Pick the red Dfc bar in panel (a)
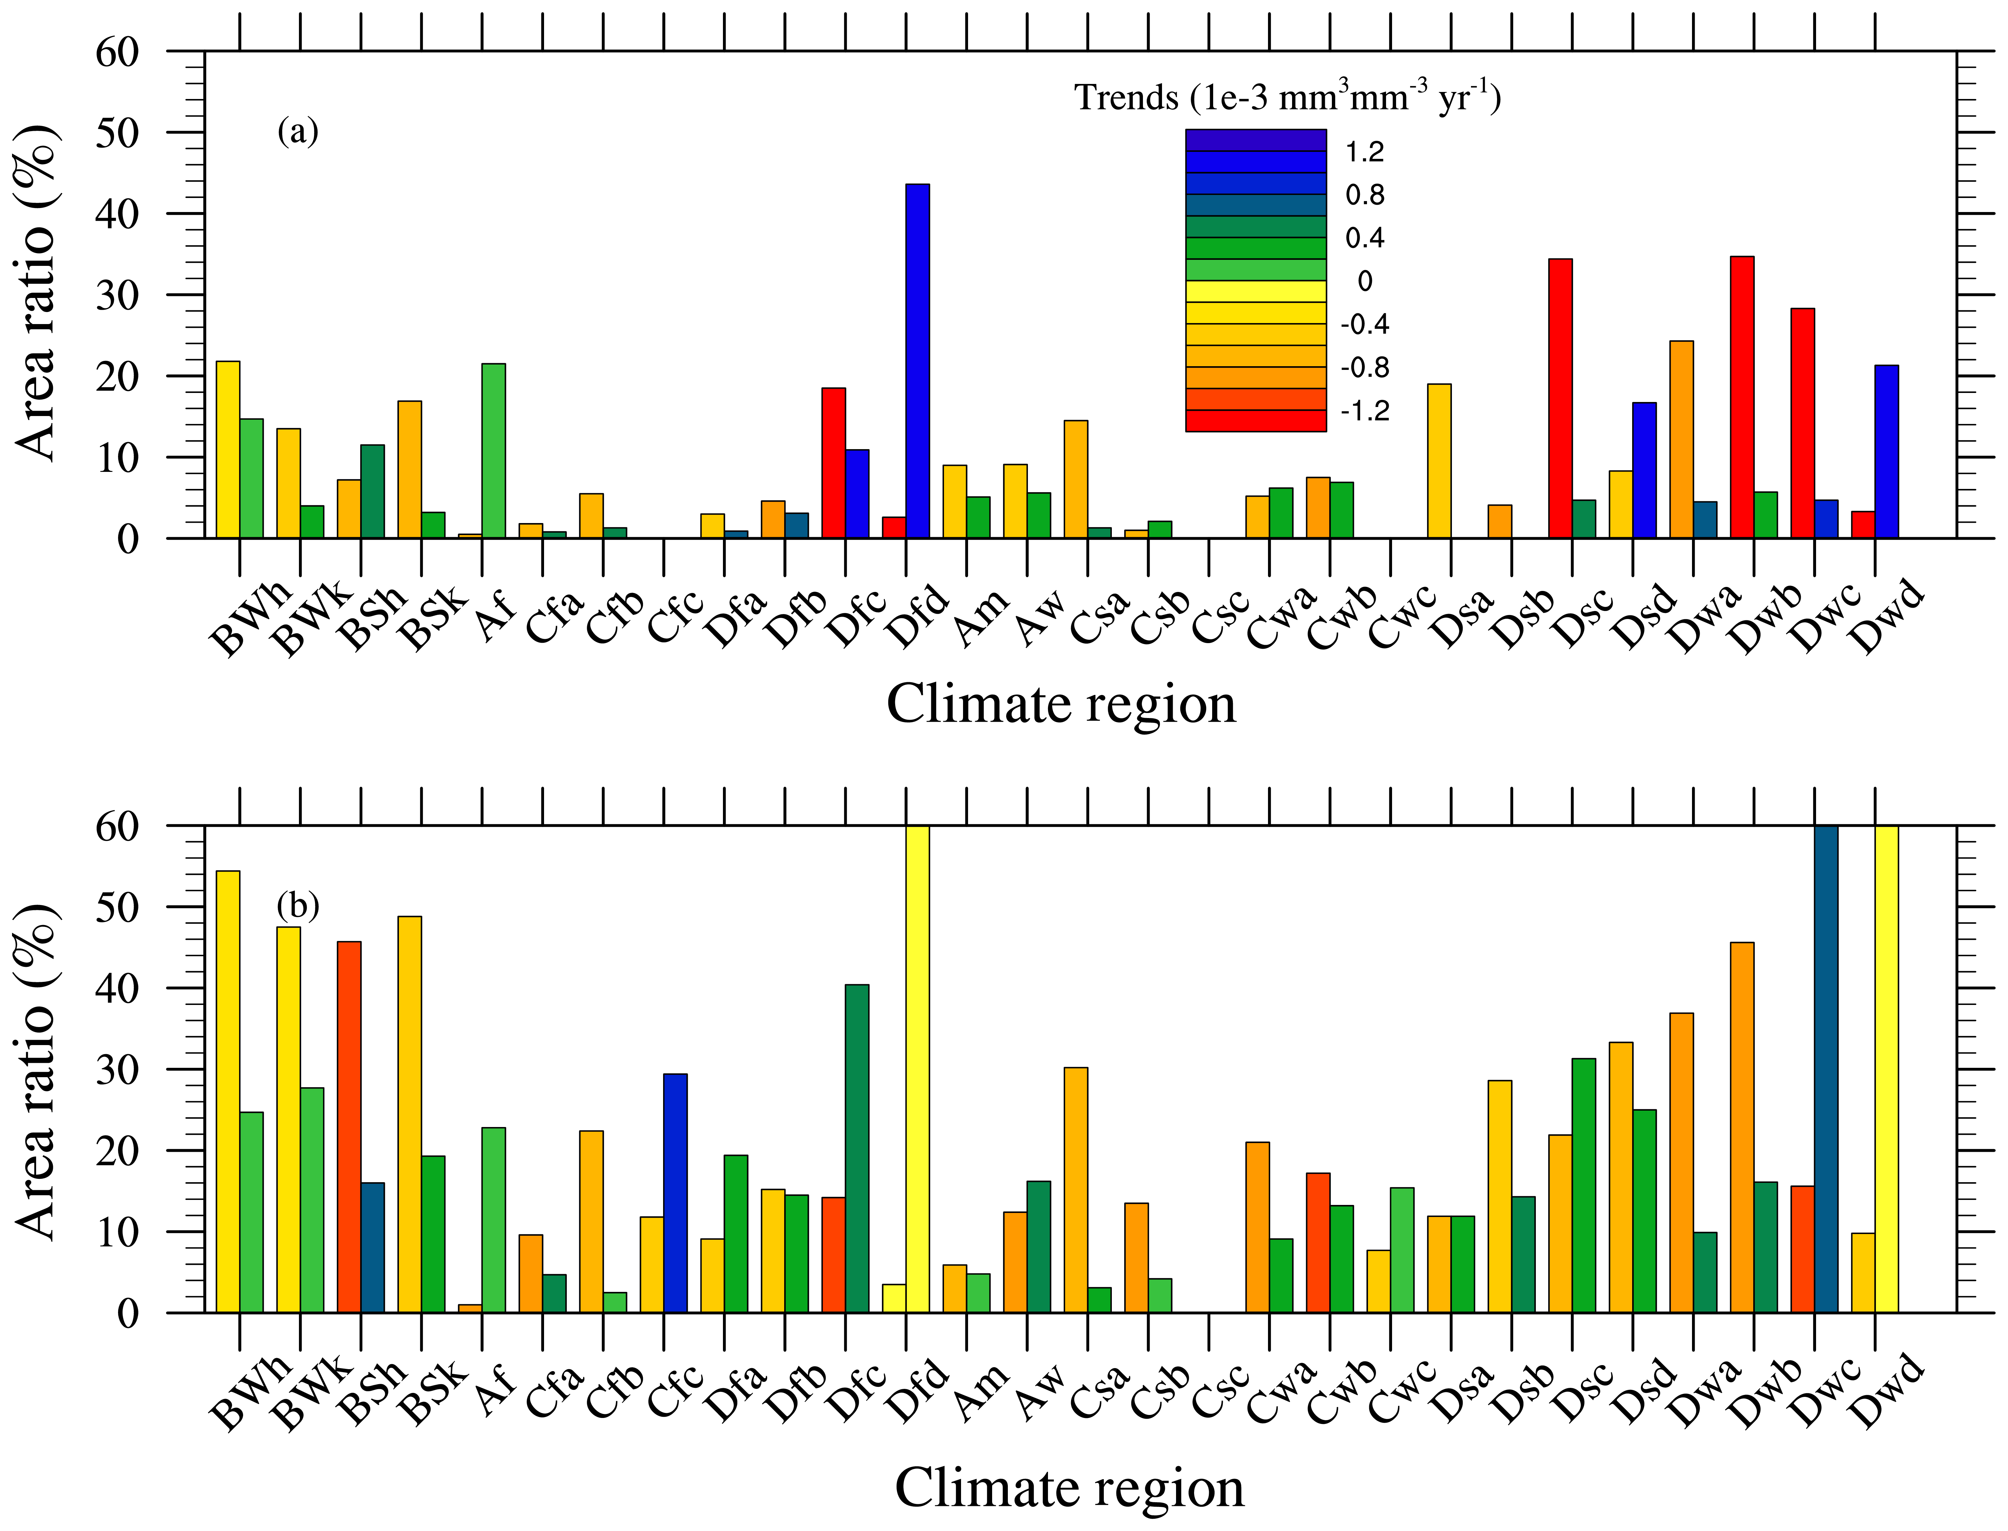tap(834, 463)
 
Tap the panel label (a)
tap(298, 132)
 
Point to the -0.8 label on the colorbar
tap(1364, 367)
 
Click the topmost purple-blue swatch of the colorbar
tap(1255, 140)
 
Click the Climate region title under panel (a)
tap(1061, 704)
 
